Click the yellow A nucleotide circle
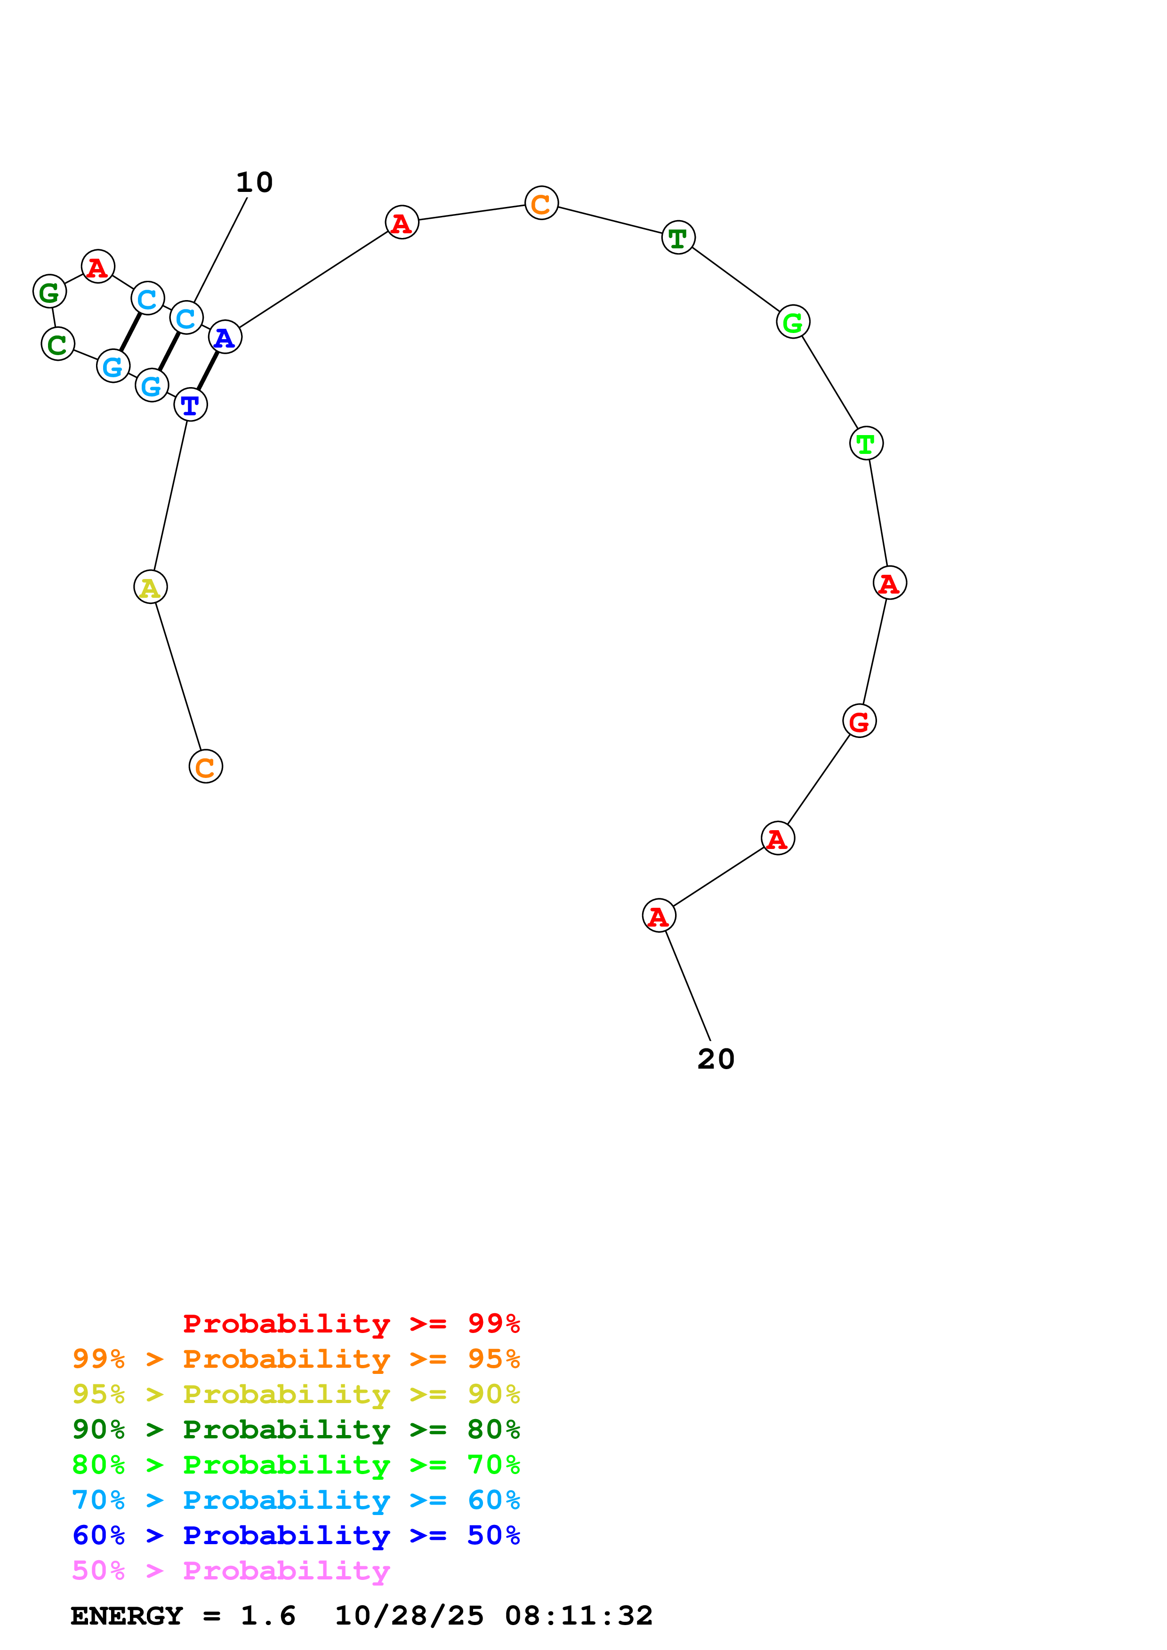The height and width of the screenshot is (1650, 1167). click(150, 587)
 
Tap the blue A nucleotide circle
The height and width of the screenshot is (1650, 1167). click(225, 337)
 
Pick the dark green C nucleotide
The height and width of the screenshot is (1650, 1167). click(57, 344)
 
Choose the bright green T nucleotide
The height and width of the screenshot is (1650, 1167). click(867, 444)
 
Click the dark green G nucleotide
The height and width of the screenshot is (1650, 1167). click(49, 292)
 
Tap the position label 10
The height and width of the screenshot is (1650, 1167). click(255, 182)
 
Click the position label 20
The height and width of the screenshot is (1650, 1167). click(716, 1059)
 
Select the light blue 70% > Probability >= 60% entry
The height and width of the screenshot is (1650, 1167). click(296, 1500)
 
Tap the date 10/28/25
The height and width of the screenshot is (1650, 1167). click(409, 1616)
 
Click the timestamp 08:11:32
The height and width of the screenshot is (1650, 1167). click(579, 1616)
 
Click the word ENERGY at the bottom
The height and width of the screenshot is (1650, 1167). click(127, 1616)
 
